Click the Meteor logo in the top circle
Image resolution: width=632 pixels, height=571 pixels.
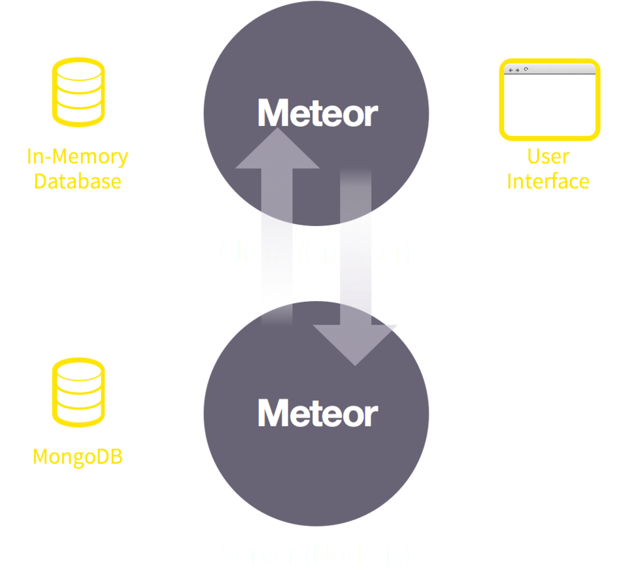pyautogui.click(x=318, y=113)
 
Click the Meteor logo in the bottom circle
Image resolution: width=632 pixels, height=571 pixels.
pyautogui.click(x=318, y=413)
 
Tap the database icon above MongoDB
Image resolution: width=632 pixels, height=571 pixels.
pyautogui.click(x=78, y=392)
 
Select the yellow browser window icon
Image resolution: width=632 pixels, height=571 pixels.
pyautogui.click(x=549, y=99)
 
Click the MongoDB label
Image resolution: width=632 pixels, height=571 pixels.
pyautogui.click(x=78, y=456)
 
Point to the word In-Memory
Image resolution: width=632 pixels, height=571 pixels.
pyautogui.click(x=77, y=157)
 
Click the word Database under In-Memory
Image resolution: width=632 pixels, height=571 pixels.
pyautogui.click(x=77, y=181)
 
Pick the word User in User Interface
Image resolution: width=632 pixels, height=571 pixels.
pyautogui.click(x=548, y=157)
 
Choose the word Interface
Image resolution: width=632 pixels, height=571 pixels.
pyautogui.click(x=548, y=181)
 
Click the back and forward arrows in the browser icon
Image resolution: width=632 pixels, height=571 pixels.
pyautogui.click(x=514, y=69)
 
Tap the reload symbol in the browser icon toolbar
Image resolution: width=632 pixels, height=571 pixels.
pyautogui.click(x=526, y=69)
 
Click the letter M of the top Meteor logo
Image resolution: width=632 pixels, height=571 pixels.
pyautogui.click(x=274, y=113)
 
